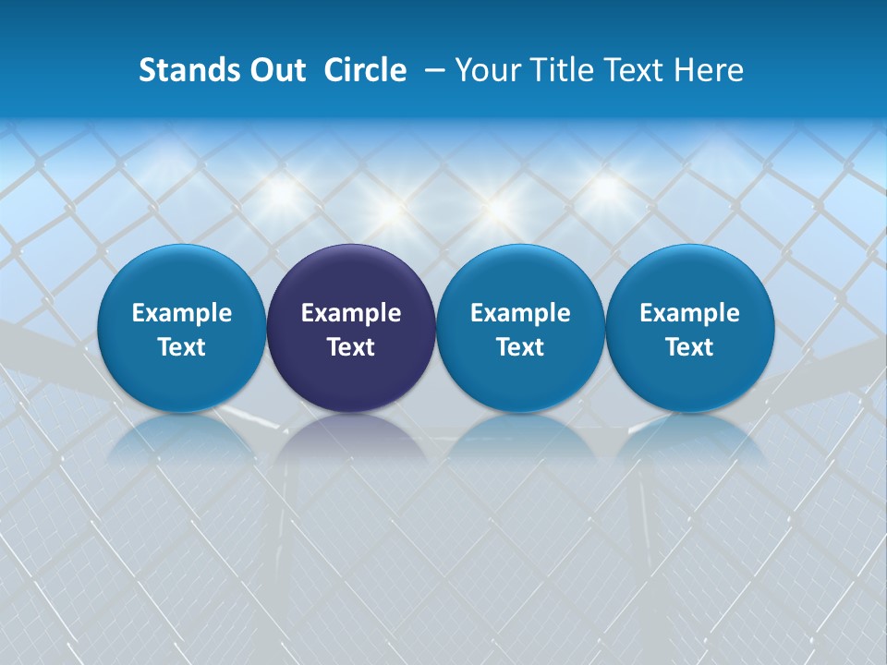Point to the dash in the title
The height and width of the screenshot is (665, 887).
[x=431, y=71]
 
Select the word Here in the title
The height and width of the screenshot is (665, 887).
[x=708, y=70]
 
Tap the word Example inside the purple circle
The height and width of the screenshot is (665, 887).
[x=351, y=313]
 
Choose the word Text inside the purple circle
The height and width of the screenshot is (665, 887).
[x=351, y=347]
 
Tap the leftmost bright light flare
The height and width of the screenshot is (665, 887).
[x=281, y=193]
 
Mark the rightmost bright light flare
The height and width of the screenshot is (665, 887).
[x=605, y=188]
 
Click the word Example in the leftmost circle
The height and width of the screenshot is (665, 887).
[x=181, y=313]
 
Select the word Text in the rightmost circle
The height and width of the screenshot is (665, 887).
[x=689, y=347]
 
